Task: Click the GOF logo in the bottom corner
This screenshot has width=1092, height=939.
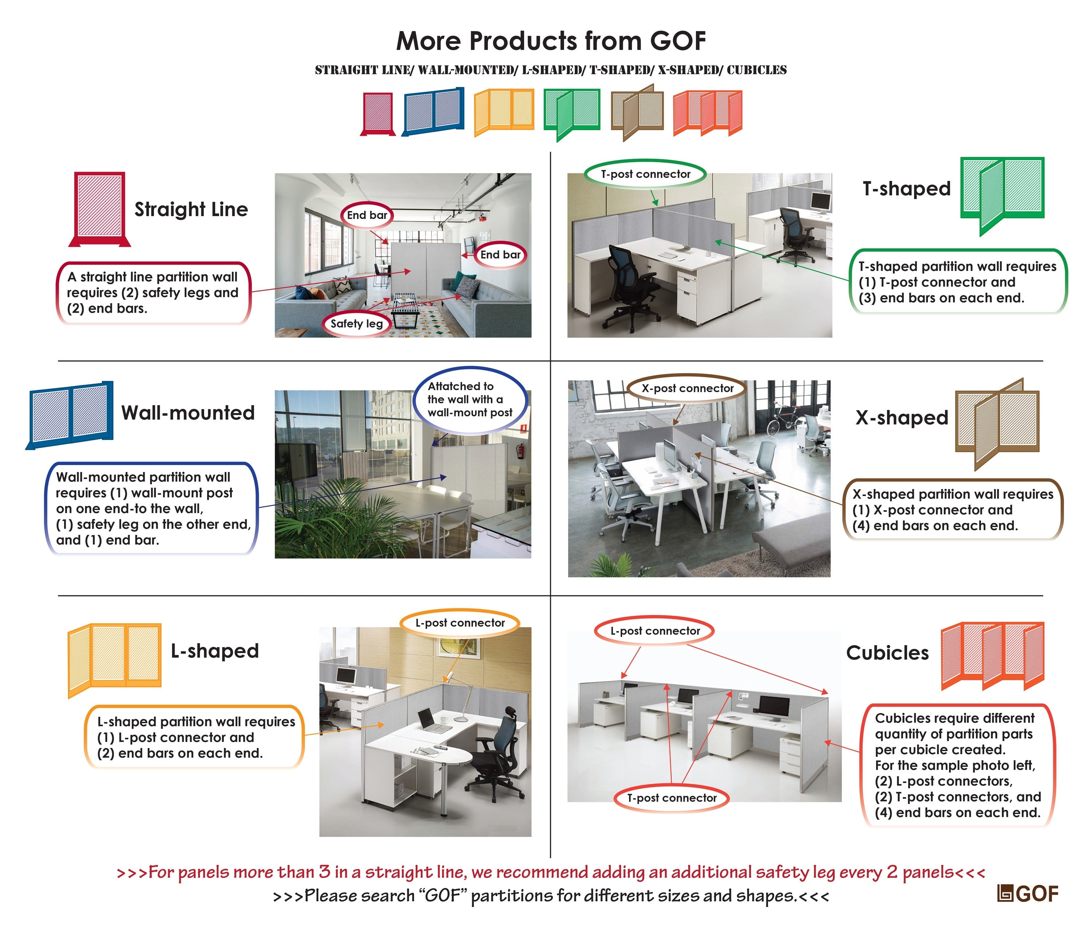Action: coord(1027,894)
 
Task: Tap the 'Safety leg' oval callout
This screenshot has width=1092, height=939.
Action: coord(356,324)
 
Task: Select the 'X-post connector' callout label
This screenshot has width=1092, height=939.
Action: coord(687,389)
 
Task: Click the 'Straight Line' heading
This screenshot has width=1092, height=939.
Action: coord(191,209)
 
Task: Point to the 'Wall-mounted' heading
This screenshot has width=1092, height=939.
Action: coord(187,413)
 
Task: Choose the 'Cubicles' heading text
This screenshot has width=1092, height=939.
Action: coord(887,653)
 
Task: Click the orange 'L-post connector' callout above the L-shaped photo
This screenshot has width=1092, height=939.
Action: coord(460,623)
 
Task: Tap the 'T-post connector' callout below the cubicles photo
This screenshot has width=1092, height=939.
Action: coord(672,798)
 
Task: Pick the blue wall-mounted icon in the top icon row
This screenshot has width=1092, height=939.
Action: coord(433,111)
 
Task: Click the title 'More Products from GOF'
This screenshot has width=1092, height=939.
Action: coord(551,40)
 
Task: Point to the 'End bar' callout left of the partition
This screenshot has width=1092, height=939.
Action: coord(367,215)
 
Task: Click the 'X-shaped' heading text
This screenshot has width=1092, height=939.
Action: coord(902,417)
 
